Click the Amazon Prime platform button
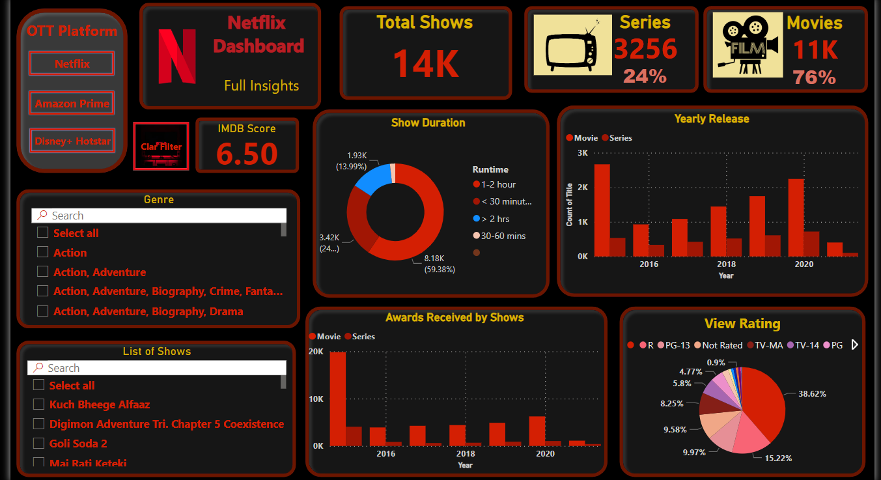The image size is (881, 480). pyautogui.click(x=72, y=104)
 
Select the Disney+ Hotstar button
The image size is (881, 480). pyautogui.click(x=72, y=141)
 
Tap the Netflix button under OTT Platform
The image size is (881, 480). pyautogui.click(x=72, y=64)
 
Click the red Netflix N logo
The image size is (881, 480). pyautogui.click(x=177, y=56)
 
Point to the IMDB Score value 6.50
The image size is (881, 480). pyautogui.click(x=247, y=154)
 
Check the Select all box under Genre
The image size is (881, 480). pyautogui.click(x=43, y=233)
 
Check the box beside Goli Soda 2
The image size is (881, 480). pyautogui.click(x=39, y=444)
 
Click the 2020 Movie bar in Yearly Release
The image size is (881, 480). pyautogui.click(x=796, y=217)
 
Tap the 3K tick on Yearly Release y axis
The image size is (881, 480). pyautogui.click(x=582, y=153)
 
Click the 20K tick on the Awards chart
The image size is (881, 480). pyautogui.click(x=316, y=352)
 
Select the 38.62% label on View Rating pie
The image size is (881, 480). pyautogui.click(x=812, y=394)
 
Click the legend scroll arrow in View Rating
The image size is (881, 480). pyautogui.click(x=855, y=345)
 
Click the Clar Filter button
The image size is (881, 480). pyautogui.click(x=161, y=147)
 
